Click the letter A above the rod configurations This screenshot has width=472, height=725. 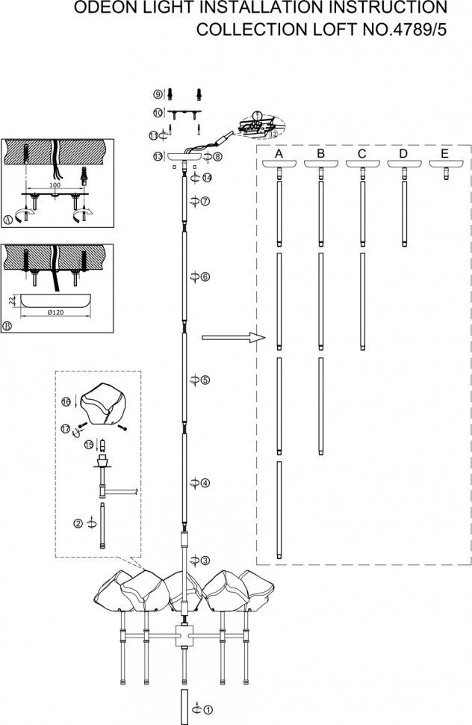(279, 153)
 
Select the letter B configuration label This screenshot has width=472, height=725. (320, 153)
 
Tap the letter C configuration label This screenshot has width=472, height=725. (362, 153)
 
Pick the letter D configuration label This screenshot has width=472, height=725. (404, 153)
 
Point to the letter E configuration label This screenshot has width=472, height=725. (445, 153)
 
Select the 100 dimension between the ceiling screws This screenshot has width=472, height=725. (55, 184)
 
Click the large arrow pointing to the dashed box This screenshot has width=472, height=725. (234, 338)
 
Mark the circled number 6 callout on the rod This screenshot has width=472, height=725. (205, 277)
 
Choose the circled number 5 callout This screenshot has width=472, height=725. (205, 380)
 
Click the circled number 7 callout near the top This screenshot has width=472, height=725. (205, 202)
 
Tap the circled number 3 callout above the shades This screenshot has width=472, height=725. (205, 560)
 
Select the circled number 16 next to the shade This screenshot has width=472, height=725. (65, 402)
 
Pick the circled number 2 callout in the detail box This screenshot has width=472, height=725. (78, 523)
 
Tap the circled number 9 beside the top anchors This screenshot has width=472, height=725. (158, 94)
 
